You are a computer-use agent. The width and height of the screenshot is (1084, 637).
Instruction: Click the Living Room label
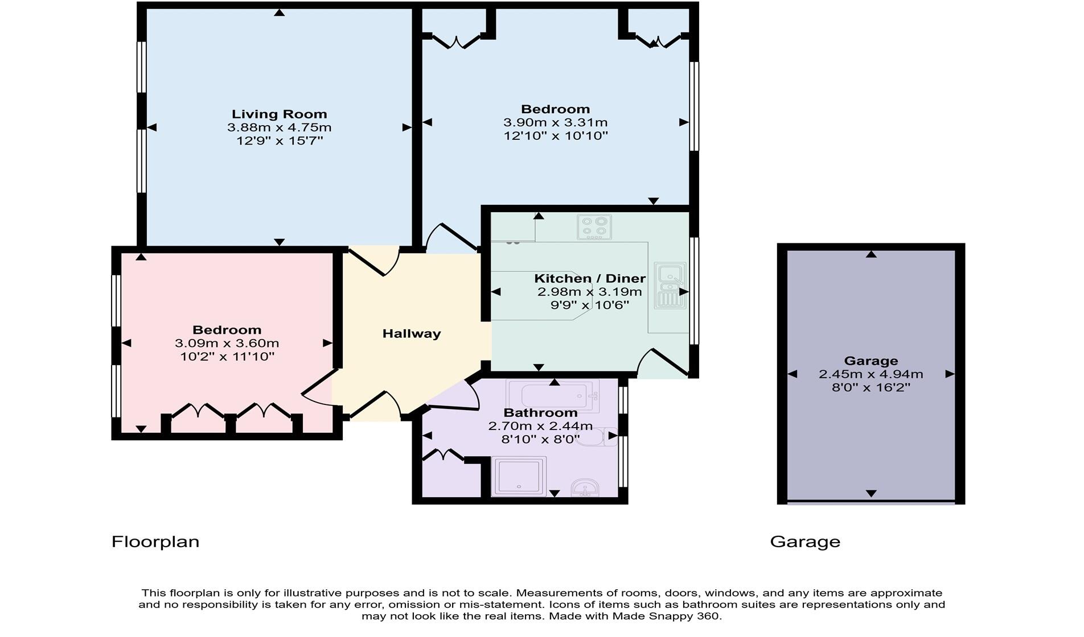(x=279, y=114)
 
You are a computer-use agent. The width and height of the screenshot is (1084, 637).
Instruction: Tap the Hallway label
(x=411, y=334)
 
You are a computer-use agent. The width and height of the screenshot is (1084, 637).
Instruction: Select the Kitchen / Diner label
(x=589, y=279)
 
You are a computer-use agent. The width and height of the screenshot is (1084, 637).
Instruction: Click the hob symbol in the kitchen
(x=594, y=227)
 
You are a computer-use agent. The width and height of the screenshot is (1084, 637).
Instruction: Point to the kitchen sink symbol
(x=670, y=285)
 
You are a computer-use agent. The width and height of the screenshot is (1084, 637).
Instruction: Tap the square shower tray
(x=518, y=476)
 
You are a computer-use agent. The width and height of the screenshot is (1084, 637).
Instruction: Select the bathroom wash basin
(x=585, y=488)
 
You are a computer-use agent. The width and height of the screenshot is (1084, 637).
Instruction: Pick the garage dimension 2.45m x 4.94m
(x=871, y=374)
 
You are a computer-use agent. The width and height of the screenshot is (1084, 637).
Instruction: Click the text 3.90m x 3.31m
(x=555, y=122)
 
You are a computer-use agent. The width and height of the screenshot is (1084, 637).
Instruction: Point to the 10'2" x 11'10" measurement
(x=227, y=357)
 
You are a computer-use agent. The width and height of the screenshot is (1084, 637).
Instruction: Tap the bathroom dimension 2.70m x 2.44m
(x=540, y=426)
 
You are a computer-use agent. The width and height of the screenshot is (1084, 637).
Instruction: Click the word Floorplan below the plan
(x=155, y=541)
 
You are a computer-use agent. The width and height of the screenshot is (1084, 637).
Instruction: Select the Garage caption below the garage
(x=804, y=541)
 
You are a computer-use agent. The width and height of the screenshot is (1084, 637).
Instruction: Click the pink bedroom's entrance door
(x=319, y=388)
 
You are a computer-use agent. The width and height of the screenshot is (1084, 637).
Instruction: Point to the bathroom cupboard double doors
(x=443, y=455)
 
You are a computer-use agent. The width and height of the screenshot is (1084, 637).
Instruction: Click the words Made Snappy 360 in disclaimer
(x=667, y=616)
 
